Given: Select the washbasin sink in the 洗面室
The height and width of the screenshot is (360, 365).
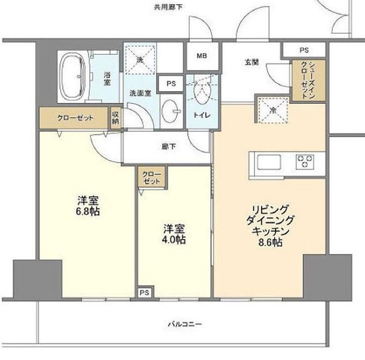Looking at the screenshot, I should coord(170,108).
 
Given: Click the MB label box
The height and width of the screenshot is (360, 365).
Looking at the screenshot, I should coord(202,56).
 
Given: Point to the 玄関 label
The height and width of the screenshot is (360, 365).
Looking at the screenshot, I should coord(252,62).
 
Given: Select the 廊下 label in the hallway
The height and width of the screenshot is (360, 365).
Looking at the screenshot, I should coord(169,147).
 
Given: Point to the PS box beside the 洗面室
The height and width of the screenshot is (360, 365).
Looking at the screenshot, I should coord(171,84).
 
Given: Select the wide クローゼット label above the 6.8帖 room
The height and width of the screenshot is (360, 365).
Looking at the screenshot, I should coord(75,118).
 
